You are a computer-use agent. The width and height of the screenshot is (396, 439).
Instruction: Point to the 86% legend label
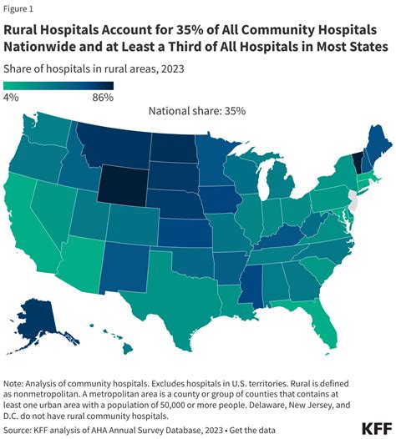point(103,98)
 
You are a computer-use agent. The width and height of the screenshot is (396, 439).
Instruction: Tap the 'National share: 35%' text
point(197,110)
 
